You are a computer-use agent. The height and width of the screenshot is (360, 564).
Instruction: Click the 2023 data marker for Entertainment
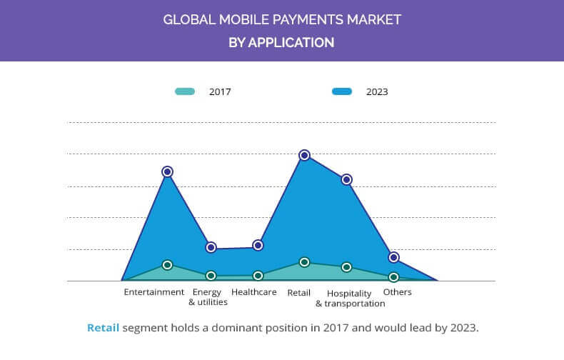(167, 171)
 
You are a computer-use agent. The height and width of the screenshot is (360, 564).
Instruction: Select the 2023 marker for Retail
(304, 155)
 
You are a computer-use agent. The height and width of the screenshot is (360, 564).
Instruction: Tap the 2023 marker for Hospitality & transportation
(346, 179)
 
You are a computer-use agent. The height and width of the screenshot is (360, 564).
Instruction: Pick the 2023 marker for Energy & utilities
(211, 247)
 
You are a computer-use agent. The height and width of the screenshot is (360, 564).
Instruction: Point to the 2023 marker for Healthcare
(258, 245)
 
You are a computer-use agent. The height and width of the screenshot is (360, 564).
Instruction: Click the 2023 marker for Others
(393, 257)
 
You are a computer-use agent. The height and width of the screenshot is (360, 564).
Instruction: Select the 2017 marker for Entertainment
(167, 265)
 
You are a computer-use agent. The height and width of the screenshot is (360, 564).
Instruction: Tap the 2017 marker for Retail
(304, 262)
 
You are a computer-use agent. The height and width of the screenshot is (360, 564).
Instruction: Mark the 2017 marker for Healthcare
(258, 275)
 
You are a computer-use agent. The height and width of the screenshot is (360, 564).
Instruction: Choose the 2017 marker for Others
(393, 277)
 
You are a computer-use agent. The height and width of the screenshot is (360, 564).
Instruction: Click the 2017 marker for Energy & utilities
(211, 276)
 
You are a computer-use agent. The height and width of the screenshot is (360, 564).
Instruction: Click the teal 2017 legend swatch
(185, 91)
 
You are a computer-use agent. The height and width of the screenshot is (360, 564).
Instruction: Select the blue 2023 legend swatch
(342, 91)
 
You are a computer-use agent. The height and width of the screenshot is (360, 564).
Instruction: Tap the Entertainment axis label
(153, 292)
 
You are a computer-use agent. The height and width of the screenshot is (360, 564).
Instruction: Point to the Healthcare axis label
(253, 292)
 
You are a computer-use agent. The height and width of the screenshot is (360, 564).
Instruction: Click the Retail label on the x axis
(298, 293)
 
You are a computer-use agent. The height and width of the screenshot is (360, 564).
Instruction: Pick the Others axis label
(398, 292)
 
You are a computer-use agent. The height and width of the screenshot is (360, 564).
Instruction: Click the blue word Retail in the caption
(103, 329)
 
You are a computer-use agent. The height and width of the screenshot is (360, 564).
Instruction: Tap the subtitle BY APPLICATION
(281, 43)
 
